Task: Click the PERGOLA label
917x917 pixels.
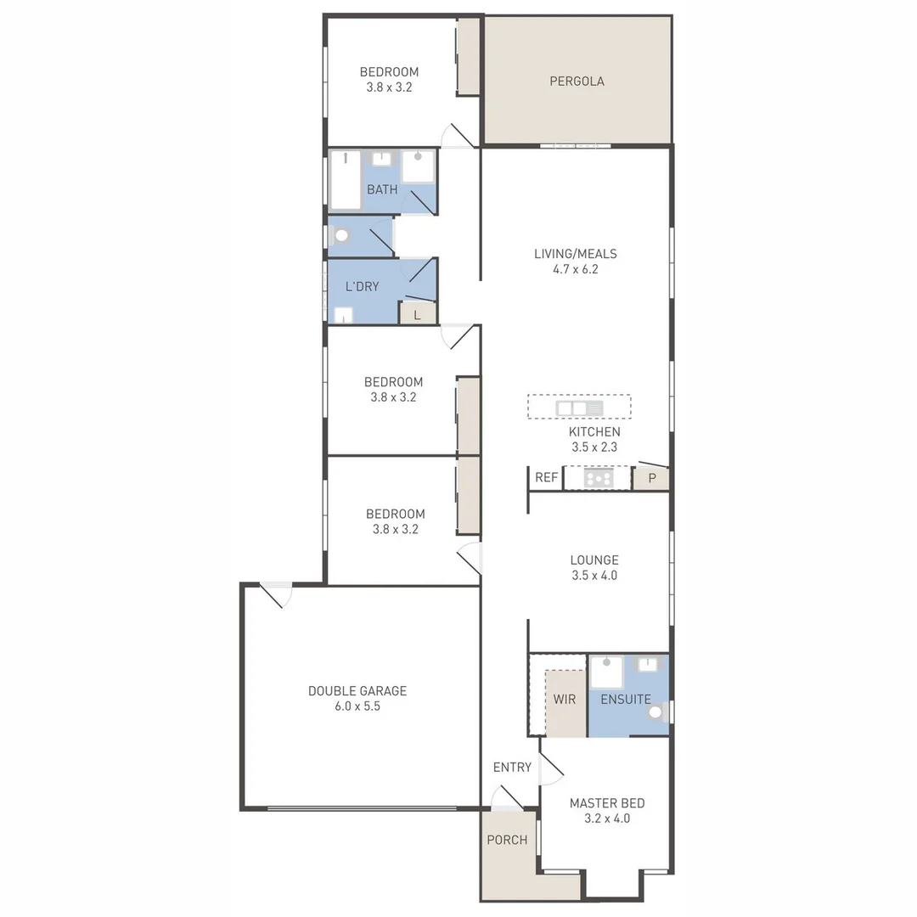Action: pyautogui.click(x=577, y=82)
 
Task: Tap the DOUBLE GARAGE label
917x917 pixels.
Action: pyautogui.click(x=357, y=691)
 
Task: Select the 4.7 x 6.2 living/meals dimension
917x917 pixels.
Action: pyautogui.click(x=575, y=269)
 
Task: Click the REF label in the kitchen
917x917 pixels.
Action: pyautogui.click(x=546, y=478)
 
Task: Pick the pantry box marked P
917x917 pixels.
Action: pyautogui.click(x=651, y=478)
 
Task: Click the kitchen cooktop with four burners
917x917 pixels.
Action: pyautogui.click(x=599, y=479)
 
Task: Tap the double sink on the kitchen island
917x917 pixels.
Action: pyautogui.click(x=579, y=408)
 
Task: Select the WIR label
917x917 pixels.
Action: pyautogui.click(x=565, y=700)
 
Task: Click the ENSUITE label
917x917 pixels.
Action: pyautogui.click(x=625, y=700)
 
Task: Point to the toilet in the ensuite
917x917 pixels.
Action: pyautogui.click(x=656, y=712)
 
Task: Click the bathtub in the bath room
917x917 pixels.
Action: pyautogui.click(x=346, y=180)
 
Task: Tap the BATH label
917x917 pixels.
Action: pyautogui.click(x=382, y=189)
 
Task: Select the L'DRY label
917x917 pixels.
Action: pyautogui.click(x=362, y=287)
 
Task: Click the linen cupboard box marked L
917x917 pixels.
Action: pyautogui.click(x=417, y=314)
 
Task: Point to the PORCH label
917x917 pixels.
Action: pyautogui.click(x=507, y=840)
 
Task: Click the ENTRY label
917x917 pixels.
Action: pyautogui.click(x=512, y=768)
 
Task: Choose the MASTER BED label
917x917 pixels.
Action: pyautogui.click(x=606, y=803)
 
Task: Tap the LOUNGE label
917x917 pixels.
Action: pyautogui.click(x=594, y=560)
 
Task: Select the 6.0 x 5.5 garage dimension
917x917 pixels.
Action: pyautogui.click(x=357, y=706)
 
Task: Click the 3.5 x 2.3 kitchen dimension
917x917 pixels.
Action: pyautogui.click(x=594, y=447)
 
